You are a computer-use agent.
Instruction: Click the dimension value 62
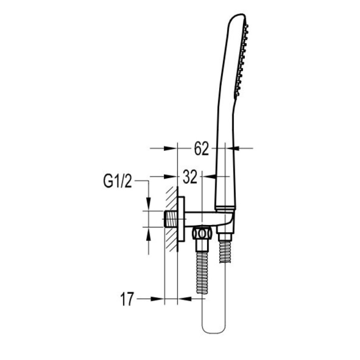coord(201,148)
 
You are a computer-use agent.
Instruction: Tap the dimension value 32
coord(190,177)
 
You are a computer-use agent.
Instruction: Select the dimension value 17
coord(127,299)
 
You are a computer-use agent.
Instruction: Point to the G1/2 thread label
coord(117,180)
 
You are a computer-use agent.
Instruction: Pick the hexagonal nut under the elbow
coord(202,234)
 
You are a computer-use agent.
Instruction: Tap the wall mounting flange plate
coord(181,219)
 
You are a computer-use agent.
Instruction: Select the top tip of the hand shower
coord(241,15)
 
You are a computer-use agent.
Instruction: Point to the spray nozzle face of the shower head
coord(241,60)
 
